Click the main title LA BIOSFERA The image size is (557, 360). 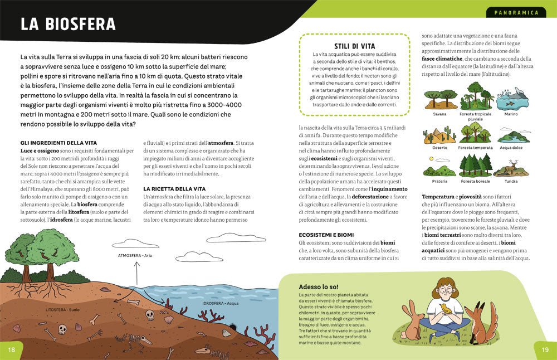pos(68,25)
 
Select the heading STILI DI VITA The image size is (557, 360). pos(354,46)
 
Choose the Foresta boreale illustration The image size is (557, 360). pos(475,166)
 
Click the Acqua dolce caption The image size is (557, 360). pos(510,148)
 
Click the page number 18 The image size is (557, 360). pos(11,349)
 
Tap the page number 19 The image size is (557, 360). pos(545,349)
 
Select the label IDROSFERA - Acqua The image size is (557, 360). pos(221,304)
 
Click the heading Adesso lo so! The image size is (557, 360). pos(317,286)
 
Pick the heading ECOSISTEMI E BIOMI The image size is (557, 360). pos(326,235)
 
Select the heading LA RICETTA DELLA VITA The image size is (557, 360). pos(174,189)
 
